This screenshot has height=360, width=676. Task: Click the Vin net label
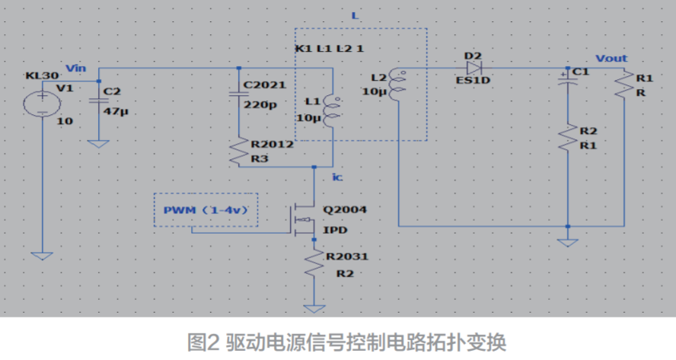coord(77,68)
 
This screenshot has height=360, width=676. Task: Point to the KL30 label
coord(37,75)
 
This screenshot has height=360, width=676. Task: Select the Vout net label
coord(611,59)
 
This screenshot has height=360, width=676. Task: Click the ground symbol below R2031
coord(314,308)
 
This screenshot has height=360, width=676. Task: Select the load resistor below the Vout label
coord(623,85)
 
